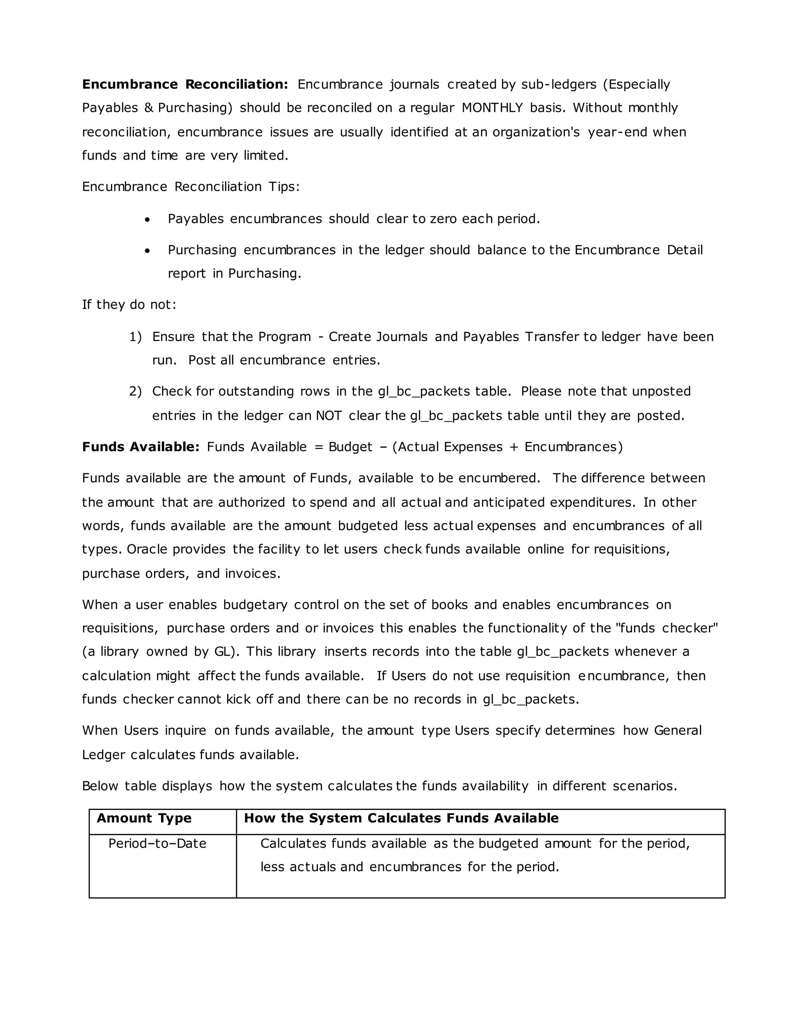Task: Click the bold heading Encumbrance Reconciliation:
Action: click(x=185, y=84)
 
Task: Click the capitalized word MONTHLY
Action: click(x=492, y=108)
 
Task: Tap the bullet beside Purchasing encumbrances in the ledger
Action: click(x=148, y=251)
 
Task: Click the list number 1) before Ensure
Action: click(x=135, y=337)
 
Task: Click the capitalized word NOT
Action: click(x=328, y=415)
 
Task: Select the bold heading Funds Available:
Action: click(x=141, y=447)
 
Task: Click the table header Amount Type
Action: click(x=144, y=818)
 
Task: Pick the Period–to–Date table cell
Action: click(x=157, y=843)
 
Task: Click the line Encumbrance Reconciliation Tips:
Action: click(x=191, y=187)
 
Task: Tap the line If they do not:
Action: click(x=129, y=305)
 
